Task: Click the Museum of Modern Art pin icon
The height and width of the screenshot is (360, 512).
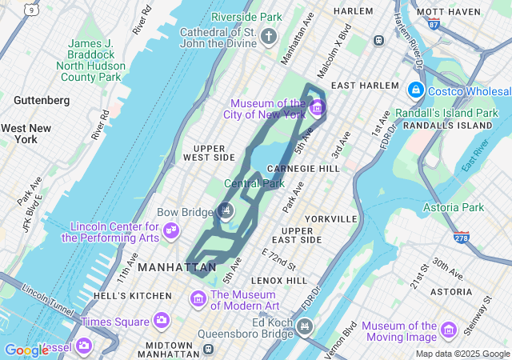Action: [x=198, y=299]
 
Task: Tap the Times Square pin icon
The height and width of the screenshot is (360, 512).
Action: [x=161, y=321]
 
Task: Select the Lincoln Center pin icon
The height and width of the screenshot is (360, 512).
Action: [x=170, y=231]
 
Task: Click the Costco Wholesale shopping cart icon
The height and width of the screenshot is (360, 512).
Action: [x=416, y=90]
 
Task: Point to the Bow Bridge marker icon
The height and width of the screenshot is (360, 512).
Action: [x=226, y=210]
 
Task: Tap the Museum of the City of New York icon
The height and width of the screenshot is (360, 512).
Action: [x=317, y=107]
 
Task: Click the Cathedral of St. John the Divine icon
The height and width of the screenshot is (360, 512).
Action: [x=270, y=36]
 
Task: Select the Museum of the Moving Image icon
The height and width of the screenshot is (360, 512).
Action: [x=449, y=330]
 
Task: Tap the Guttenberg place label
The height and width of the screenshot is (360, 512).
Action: [x=42, y=100]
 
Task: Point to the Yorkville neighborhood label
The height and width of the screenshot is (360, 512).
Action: [x=330, y=218]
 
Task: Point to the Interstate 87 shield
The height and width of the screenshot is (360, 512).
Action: [x=434, y=25]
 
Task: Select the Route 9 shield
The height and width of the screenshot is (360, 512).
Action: [x=30, y=10]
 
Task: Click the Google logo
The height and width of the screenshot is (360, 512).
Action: [x=26, y=350]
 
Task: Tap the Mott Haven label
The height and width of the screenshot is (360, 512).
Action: [x=449, y=11]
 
